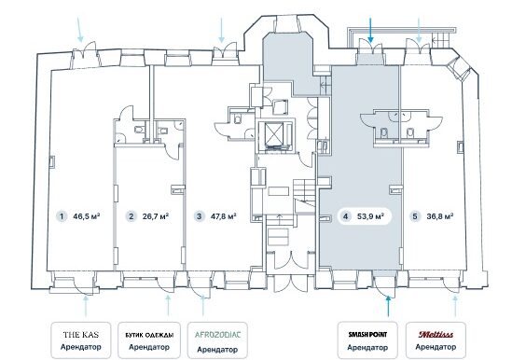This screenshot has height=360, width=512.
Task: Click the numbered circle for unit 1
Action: [62, 216]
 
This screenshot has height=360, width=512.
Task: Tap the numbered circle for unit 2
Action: [131, 216]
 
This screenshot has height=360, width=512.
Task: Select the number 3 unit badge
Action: [200, 216]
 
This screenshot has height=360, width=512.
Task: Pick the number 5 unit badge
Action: [415, 216]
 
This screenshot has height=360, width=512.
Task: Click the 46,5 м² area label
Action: [87, 216]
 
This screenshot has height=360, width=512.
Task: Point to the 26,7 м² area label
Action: [156, 216]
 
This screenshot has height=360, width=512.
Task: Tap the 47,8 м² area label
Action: [224, 216]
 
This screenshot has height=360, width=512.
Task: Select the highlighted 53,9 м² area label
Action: [370, 216]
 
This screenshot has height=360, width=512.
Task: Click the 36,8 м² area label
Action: [439, 216]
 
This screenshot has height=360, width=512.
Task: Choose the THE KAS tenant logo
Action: [81, 335]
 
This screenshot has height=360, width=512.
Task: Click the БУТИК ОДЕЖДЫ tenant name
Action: [149, 335]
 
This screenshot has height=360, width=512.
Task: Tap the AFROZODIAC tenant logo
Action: [217, 335]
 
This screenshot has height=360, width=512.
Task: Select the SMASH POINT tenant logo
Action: [367, 335]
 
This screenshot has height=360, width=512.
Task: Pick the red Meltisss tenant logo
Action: [436, 335]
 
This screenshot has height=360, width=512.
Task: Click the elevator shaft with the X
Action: [274, 134]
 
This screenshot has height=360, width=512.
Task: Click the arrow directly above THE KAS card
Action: [86, 306]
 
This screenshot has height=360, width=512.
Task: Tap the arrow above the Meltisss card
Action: [455, 306]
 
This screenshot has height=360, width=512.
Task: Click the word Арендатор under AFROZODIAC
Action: [217, 350]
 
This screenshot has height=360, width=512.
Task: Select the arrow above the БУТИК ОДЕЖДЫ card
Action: [168, 306]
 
